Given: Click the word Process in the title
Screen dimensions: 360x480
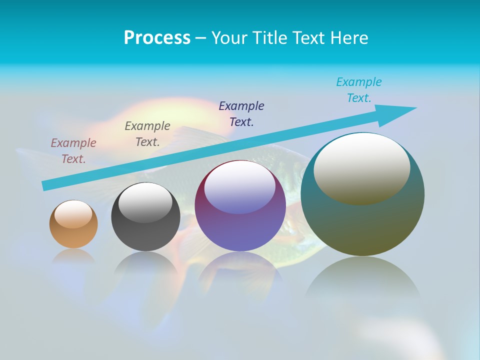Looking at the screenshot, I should point(157,38).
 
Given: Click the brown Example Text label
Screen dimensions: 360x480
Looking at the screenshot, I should point(73,151).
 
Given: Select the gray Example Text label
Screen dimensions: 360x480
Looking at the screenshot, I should point(147,134).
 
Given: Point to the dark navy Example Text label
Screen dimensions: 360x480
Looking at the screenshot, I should point(241,114).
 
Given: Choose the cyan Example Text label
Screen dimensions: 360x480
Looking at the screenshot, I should point(359,90).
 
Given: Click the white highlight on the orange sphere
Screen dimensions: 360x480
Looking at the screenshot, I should point(73,214).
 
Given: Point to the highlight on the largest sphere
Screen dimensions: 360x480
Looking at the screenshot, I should point(362,168).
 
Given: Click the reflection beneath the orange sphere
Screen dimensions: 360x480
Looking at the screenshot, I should point(73,257).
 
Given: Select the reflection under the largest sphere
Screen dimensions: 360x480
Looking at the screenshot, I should point(362,280).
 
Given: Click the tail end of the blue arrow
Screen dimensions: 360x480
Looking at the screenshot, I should point(46,185).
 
